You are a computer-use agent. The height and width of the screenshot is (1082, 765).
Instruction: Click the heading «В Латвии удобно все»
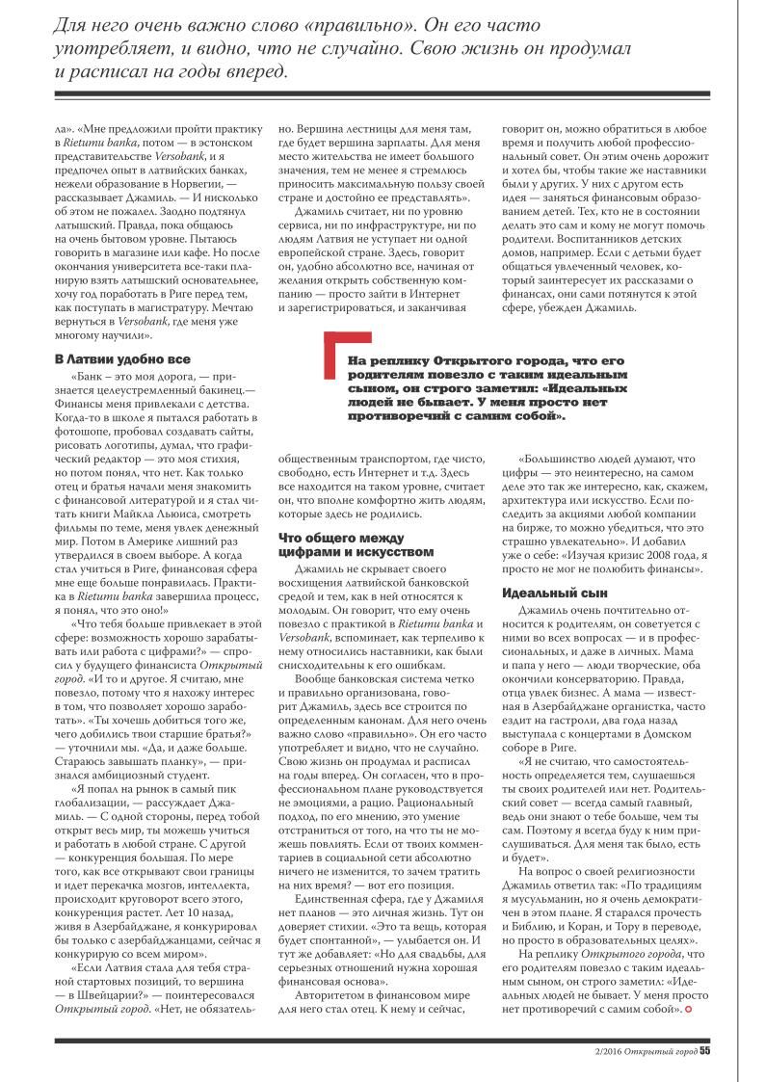point(115,358)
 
